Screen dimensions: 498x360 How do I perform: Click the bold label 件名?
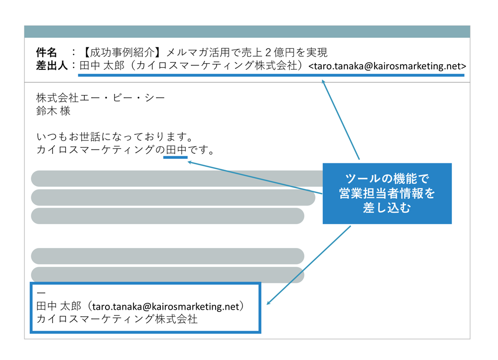tap(46, 52)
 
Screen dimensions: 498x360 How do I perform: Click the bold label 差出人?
tap(52, 65)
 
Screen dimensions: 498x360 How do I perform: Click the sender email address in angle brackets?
tap(387, 66)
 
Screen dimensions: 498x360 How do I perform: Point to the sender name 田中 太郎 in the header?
tap(102, 65)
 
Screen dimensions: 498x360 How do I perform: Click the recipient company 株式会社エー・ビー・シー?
tap(101, 98)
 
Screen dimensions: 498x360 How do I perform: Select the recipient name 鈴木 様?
tap(53, 111)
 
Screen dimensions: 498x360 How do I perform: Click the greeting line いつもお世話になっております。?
tap(115, 137)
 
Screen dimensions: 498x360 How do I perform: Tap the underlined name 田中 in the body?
tap(176, 149)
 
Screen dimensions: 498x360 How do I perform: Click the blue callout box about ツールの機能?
tap(387, 194)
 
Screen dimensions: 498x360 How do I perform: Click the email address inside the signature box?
tap(165, 306)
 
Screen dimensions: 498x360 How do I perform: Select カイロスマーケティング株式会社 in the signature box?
tap(117, 319)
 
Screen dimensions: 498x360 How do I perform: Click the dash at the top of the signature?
tap(41, 293)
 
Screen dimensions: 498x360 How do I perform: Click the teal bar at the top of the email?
tap(247, 32)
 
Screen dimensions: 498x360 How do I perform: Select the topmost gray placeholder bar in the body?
tap(177, 178)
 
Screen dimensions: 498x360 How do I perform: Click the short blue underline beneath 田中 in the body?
tap(175, 157)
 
